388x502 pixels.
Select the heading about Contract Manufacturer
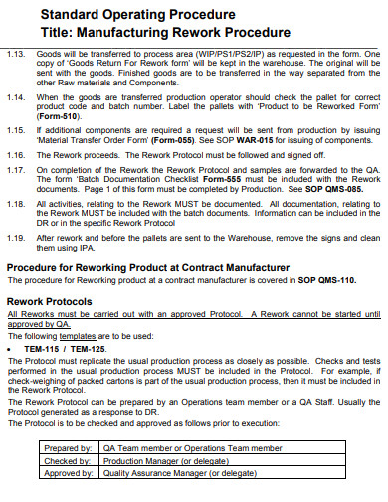[148, 268]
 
